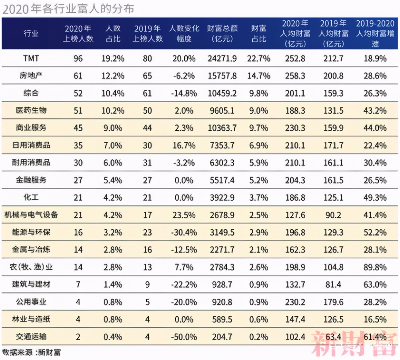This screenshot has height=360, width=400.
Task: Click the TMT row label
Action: coord(31,59)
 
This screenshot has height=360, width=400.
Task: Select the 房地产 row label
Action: coord(31,76)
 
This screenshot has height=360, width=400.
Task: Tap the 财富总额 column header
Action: coord(222,33)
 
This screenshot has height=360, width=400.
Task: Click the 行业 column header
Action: coord(31,33)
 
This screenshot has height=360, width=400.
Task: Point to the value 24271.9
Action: coord(222,59)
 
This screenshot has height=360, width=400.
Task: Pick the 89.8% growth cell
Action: coord(375,267)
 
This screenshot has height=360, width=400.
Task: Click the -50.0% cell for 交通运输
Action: coord(184,337)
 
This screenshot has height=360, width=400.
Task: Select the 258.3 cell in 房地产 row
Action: coord(295,76)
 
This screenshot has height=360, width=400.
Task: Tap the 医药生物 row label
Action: coord(31,110)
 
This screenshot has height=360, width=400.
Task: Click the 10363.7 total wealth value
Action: coord(222,128)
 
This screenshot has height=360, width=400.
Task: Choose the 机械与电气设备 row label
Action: coord(31,215)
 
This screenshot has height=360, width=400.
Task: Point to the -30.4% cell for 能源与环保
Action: coord(184,232)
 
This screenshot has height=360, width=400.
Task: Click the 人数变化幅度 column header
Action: coord(184,33)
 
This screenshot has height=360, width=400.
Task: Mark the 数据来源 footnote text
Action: coord(32,352)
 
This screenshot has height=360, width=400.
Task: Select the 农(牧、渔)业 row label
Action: coord(31,267)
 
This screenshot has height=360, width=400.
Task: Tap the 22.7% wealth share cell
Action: coord(259,59)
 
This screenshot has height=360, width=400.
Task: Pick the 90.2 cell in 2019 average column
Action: coord(333,215)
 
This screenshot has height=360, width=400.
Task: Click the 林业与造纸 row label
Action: coord(31,319)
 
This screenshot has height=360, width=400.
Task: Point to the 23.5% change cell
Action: coord(184,215)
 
